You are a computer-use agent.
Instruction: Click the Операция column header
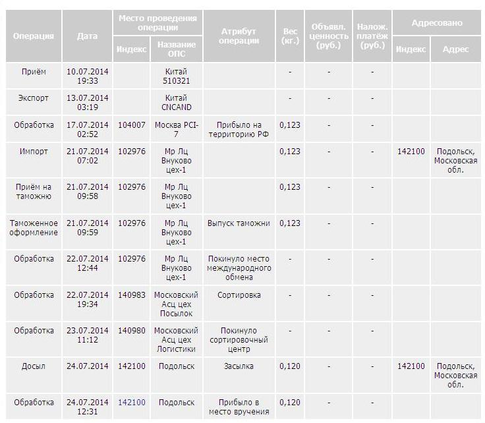pos(34,36)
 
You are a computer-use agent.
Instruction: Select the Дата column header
pos(87,36)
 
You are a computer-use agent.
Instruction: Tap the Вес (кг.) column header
pos(290,36)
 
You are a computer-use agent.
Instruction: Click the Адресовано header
pos(437,23)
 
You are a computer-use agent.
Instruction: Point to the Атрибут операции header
pos(239,36)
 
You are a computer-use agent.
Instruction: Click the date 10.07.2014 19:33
pos(87,76)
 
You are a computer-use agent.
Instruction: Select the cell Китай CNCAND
pos(176,102)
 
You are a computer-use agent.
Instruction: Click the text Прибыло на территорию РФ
pos(239,129)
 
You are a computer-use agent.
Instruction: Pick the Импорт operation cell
pos(34,151)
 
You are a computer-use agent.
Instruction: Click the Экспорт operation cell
pos(34,98)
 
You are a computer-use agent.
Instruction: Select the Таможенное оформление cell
pos(34,227)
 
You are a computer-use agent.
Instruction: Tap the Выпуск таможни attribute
pos(239,223)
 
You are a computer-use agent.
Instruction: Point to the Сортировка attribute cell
pos(239,295)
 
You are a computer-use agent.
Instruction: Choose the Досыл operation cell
pos(34,366)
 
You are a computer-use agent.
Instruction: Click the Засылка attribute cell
pos(239,366)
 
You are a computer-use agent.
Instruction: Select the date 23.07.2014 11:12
pos(87,335)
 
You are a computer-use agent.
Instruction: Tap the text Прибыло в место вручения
pos(239,407)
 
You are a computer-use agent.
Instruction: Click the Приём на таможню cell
pos(34,191)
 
